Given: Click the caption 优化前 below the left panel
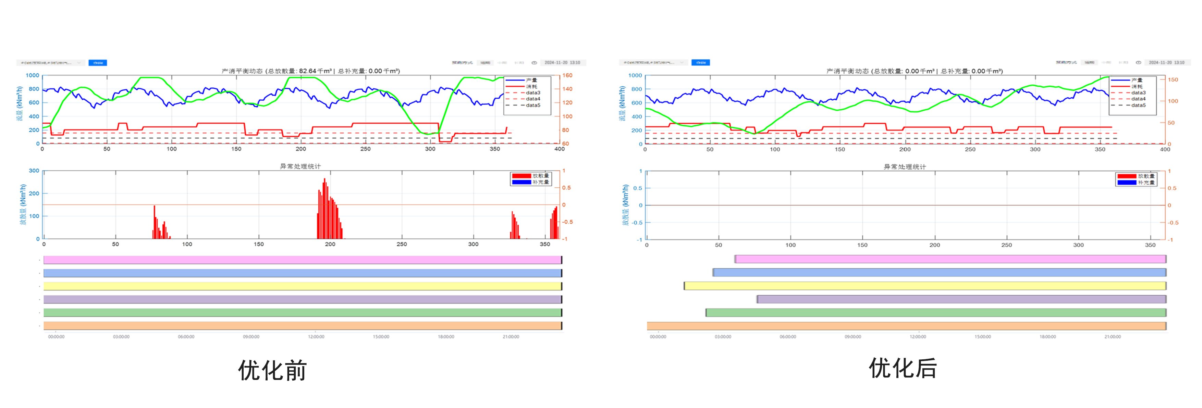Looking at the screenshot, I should (272, 371).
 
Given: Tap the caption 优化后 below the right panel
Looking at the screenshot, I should (903, 368).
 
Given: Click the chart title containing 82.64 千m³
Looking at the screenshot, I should (310, 71).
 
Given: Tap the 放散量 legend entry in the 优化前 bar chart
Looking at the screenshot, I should (540, 176).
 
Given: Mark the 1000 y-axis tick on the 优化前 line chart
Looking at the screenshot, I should (32, 75).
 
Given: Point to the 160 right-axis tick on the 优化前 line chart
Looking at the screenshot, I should (567, 75).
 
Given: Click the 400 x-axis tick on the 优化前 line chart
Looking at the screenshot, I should (559, 149).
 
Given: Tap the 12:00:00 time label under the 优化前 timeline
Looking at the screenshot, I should (316, 337).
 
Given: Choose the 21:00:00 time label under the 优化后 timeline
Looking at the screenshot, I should (1113, 337).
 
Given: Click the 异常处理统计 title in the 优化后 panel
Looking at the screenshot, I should (904, 167).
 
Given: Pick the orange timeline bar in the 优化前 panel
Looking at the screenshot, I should (302, 326).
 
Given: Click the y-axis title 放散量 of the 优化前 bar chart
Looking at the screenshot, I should (22, 205).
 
